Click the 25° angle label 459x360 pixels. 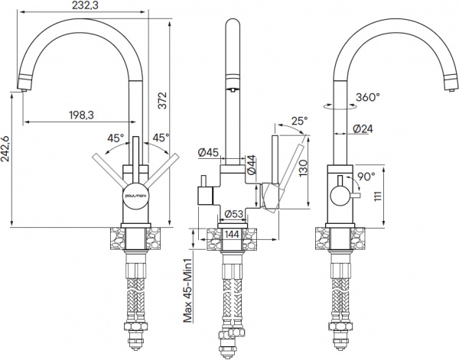(299, 121)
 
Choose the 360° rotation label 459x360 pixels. (368, 97)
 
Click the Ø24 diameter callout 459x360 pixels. (363, 129)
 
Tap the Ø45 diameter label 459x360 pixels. (209, 153)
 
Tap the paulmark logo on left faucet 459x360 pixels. (138, 193)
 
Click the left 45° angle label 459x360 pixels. (116, 138)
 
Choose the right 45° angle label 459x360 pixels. (161, 138)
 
